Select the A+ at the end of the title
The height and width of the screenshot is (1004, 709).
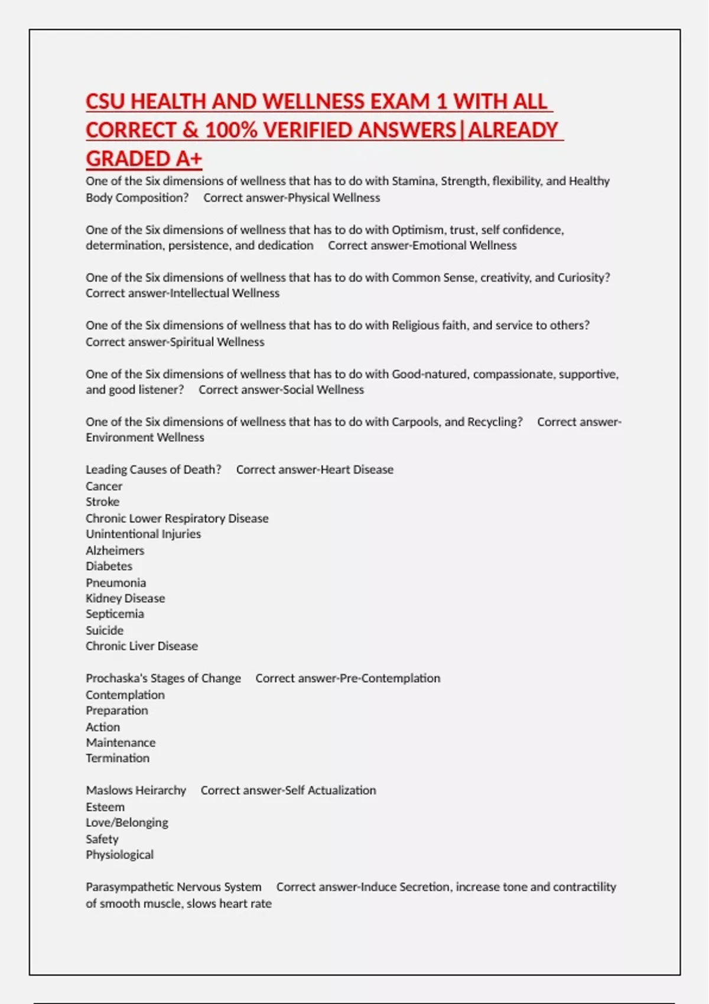click(188, 159)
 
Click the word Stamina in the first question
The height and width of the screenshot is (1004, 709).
click(414, 181)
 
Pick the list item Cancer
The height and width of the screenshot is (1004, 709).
click(104, 486)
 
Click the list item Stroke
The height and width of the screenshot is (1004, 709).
click(103, 502)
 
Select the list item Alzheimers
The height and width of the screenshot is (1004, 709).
click(115, 550)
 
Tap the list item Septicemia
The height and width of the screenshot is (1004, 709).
click(115, 614)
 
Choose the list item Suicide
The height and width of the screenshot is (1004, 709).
click(105, 630)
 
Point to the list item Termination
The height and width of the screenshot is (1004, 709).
click(118, 758)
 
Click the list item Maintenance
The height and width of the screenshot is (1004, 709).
click(121, 743)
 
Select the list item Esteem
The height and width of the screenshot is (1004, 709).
click(105, 807)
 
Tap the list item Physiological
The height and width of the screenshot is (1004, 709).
click(120, 855)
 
